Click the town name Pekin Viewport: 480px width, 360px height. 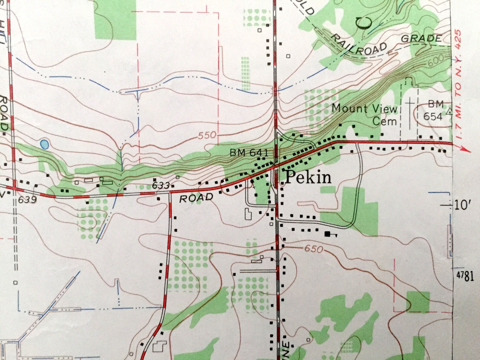pyautogui.click(x=308, y=177)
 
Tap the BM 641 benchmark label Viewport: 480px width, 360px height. pyautogui.click(x=249, y=153)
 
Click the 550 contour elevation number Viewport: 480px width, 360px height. pyautogui.click(x=207, y=135)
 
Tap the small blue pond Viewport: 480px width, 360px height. pyautogui.click(x=44, y=144)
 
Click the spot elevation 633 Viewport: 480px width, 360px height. pyautogui.click(x=161, y=185)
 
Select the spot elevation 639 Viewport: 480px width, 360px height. pyautogui.click(x=27, y=200)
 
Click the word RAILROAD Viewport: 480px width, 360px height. pyautogui.click(x=359, y=45)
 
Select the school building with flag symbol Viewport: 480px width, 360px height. pyautogui.click(x=328, y=234)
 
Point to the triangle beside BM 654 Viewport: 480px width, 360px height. pyautogui.click(x=450, y=111)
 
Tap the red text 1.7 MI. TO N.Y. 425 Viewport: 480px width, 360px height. pyautogui.click(x=458, y=85)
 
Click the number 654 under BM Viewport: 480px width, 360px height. pyautogui.click(x=433, y=116)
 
